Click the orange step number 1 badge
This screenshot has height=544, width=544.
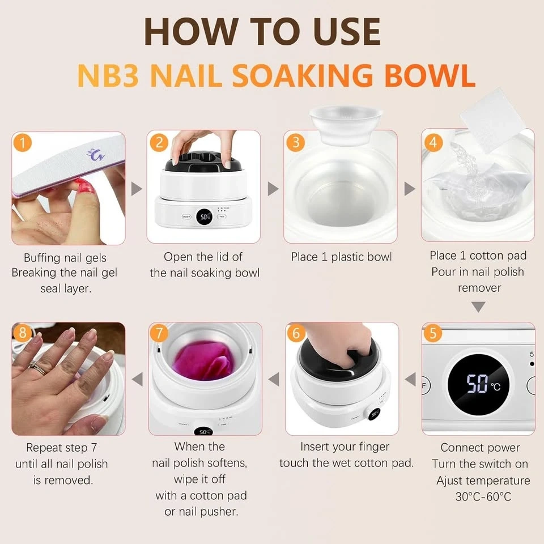(23, 143)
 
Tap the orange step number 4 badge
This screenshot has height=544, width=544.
(433, 142)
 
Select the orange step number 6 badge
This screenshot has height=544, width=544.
(296, 333)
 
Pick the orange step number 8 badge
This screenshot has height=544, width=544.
(23, 333)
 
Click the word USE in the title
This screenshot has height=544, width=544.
(346, 31)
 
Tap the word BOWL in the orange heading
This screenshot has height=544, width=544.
(430, 75)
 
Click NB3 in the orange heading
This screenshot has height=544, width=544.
(108, 75)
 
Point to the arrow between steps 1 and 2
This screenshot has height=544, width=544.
(137, 189)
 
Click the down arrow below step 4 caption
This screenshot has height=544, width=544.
(478, 307)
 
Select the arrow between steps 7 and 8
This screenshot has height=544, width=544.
(137, 379)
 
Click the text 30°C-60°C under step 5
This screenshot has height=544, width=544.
(483, 496)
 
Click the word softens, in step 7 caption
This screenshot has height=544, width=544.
(225, 463)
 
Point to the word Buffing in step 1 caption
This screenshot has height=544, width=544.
(37, 258)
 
